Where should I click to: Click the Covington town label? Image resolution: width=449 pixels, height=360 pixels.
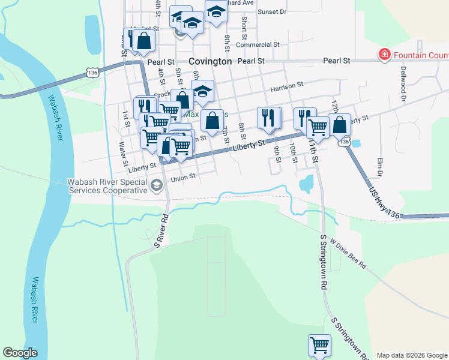point(210,61)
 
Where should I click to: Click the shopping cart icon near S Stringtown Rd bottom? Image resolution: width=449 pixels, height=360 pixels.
point(319,345)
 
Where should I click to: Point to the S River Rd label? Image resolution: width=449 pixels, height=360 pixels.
point(160,229)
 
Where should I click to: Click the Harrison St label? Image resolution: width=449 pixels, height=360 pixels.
point(286,88)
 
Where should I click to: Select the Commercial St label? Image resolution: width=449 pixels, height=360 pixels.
point(258,44)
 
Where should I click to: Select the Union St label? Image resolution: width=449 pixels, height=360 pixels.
point(184,177)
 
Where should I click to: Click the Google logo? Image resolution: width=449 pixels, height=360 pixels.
point(20,353)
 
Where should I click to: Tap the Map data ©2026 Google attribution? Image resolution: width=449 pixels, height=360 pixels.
point(412,355)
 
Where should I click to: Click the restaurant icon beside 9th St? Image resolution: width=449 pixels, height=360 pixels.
point(269,118)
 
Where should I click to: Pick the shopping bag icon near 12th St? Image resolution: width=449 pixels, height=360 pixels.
point(340,125)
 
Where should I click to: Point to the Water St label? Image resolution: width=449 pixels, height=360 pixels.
point(123,153)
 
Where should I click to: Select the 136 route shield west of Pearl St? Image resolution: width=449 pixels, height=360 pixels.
point(92,72)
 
